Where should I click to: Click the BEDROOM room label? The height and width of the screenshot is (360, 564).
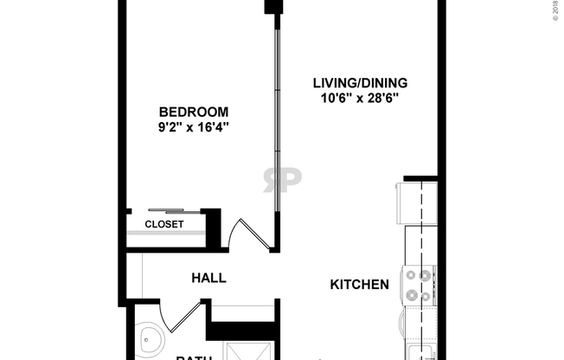(194, 112)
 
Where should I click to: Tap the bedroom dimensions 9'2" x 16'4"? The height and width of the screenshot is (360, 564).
(194, 127)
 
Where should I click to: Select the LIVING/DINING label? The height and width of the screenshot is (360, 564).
(360, 83)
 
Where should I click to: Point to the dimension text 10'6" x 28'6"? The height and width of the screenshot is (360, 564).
(360, 99)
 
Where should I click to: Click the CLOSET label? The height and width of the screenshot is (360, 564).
(163, 224)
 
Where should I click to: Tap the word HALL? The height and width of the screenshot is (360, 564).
(208, 278)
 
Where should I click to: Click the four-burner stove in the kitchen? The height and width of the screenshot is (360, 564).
(419, 286)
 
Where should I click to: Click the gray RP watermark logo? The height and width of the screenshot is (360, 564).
(282, 179)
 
